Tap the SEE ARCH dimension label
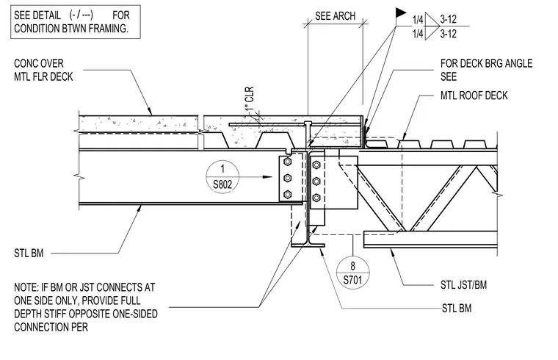[336, 16]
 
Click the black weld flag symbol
[401, 12]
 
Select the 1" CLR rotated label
[250, 98]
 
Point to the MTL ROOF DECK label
[474, 96]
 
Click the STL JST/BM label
[463, 285]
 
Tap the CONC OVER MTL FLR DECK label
[43, 70]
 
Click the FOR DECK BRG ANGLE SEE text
[486, 70]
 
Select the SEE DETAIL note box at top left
[76, 22]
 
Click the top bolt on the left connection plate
[288, 162]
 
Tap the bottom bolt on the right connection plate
[316, 198]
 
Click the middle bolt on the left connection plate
[288, 178]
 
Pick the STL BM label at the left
[29, 253]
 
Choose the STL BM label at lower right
[457, 309]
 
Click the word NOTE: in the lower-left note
[26, 287]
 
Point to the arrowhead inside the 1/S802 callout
[267, 177]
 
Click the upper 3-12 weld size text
[448, 19]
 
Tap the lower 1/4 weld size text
[418, 34]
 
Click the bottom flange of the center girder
[308, 245]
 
